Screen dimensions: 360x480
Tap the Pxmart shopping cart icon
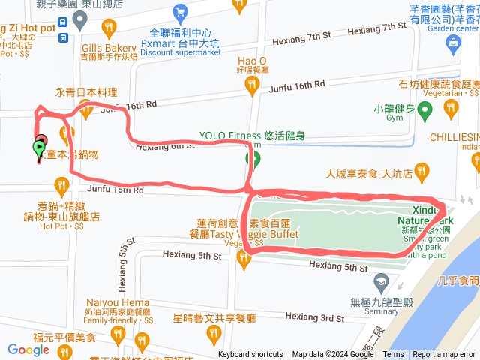179,12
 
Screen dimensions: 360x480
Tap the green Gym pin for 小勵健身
424,112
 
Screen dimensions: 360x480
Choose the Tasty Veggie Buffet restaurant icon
242,259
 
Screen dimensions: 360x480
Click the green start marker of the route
38,148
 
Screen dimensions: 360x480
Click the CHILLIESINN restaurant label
454,137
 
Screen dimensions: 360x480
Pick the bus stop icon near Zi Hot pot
62,36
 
